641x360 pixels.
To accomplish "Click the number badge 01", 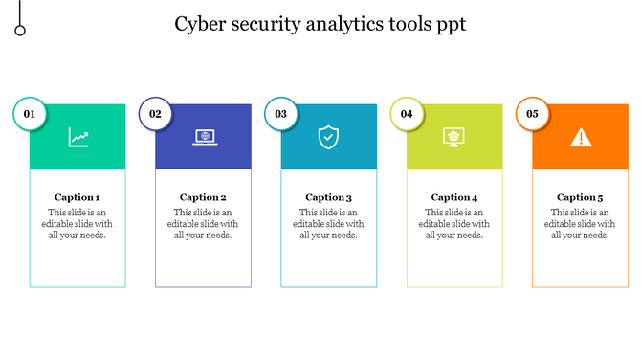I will [29, 114].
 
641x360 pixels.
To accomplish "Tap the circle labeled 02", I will [155, 114].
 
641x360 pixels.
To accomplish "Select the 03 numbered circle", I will [280, 114].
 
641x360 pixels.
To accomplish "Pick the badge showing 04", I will [407, 114].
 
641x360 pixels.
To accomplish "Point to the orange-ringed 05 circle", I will [532, 114].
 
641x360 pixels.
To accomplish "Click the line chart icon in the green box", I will [78, 137].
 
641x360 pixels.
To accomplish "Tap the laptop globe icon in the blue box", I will [204, 137].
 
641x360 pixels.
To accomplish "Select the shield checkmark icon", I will [328, 137].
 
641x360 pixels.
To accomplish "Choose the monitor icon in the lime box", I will [454, 137].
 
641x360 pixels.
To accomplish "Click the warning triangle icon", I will [581, 137].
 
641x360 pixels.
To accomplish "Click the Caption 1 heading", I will [77, 197].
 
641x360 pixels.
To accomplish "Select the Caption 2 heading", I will [203, 197].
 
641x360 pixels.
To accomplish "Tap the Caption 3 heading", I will [329, 197].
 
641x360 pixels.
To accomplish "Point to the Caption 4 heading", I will [454, 197].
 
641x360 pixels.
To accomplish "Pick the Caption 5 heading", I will [581, 197].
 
